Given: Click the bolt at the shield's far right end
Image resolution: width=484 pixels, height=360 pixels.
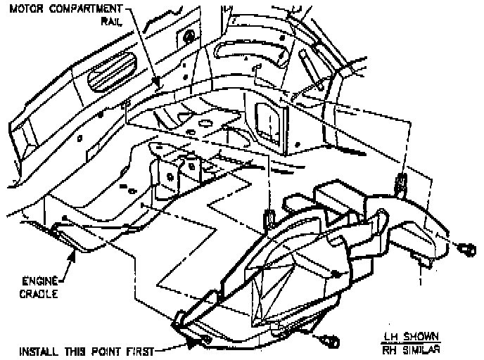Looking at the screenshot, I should click(x=466, y=249).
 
